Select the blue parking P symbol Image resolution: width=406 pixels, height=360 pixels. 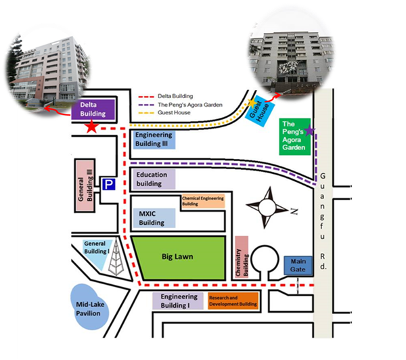tap(108, 183)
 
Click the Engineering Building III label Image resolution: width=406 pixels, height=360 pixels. tap(154, 139)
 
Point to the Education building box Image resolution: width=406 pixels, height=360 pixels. tap(154, 179)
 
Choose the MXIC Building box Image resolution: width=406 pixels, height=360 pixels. tap(154, 219)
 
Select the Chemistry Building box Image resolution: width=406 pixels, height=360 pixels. tap(242, 257)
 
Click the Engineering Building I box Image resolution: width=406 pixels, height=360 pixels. tap(180, 301)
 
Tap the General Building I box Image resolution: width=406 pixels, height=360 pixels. tap(97, 252)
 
